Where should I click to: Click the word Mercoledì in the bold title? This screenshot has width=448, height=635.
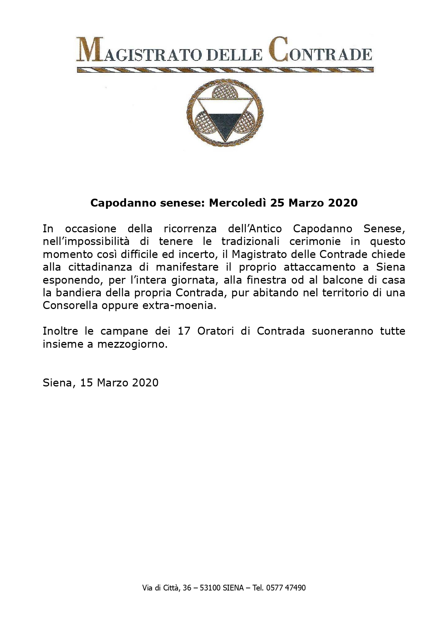coord(238,203)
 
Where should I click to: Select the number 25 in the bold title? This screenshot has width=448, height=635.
coord(277,203)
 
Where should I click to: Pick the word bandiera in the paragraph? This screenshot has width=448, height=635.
coord(75,292)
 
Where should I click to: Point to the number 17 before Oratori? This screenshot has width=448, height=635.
coord(184,331)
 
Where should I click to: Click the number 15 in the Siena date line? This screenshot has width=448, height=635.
coord(87,383)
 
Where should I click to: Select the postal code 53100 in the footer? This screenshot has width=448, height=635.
coord(210,588)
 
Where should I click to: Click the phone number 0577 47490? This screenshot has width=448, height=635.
coord(285,588)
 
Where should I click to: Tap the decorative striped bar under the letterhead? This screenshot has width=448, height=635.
coord(225,70)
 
